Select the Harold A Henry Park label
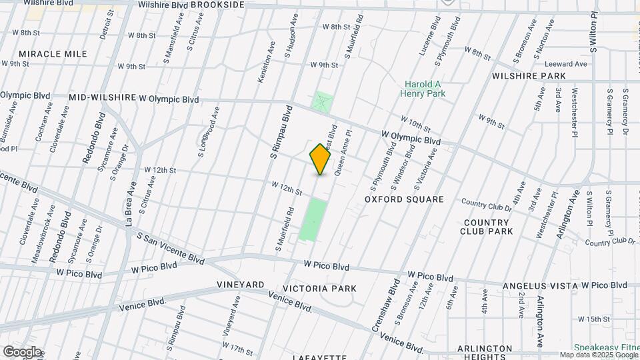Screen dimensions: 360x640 423,89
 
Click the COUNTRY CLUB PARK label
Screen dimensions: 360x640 487,227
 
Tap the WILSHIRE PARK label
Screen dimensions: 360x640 529,76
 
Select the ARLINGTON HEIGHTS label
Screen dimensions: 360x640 485,353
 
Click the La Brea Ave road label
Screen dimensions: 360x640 131,205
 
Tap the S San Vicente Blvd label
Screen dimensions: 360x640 171,247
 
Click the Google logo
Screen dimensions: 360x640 21,351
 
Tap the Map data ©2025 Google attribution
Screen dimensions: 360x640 598,355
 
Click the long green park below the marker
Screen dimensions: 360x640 313,219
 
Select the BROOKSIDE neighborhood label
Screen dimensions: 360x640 219,5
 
